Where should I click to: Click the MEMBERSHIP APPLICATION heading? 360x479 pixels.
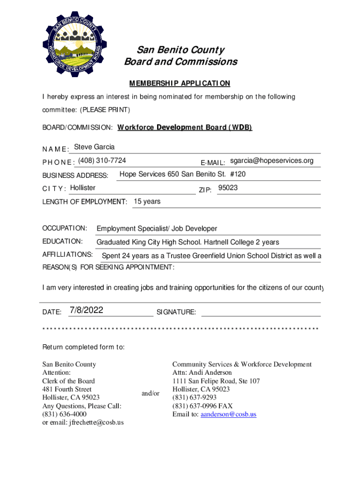click(180, 83)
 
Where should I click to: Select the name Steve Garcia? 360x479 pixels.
click(94, 147)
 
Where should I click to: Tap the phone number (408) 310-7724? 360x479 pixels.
click(102, 160)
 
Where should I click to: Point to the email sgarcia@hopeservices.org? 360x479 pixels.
click(272, 161)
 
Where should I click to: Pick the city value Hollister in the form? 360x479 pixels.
click(82, 188)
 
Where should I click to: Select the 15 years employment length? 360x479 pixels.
click(147, 202)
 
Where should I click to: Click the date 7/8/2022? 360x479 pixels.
click(86, 311)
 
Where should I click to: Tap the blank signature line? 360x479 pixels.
click(260, 312)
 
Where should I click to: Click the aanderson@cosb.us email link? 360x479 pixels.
click(228, 414)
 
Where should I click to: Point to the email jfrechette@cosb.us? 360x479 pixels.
click(97, 423)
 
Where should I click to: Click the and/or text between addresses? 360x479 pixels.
click(151, 394)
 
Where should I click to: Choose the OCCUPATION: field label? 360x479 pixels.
click(65, 228)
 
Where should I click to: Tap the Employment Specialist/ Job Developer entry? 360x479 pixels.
click(157, 229)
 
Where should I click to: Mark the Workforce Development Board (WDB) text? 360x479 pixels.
click(185, 127)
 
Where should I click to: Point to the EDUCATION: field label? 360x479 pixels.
click(63, 241)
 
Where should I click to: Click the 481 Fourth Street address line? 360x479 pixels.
click(67, 389)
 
